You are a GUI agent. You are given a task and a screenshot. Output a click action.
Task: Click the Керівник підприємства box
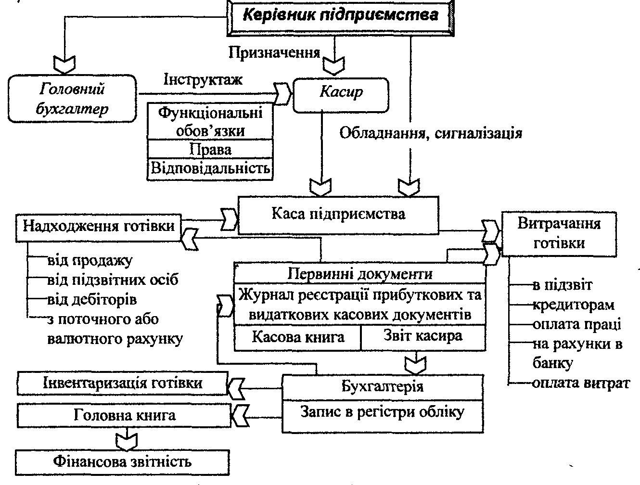[340, 15]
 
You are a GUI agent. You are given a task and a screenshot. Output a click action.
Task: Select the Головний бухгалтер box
[72, 99]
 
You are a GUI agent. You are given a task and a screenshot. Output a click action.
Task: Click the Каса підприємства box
[338, 214]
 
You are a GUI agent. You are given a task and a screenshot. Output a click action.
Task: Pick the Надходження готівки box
[99, 226]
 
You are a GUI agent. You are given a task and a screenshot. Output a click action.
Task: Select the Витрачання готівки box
[559, 233]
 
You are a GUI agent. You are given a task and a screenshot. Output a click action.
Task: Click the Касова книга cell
[298, 336]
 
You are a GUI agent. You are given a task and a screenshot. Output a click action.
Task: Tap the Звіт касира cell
[422, 335]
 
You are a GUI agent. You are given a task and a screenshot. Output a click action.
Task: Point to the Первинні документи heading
[360, 274]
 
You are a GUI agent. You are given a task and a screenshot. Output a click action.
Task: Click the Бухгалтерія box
[382, 386]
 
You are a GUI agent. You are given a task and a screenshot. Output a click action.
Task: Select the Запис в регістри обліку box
[382, 412]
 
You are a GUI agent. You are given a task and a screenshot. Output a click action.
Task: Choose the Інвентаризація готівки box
[122, 383]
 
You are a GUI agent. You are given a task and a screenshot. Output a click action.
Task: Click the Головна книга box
[124, 415]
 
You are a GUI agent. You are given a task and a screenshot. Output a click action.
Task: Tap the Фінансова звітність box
[122, 462]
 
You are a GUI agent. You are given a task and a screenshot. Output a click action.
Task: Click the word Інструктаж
[203, 79]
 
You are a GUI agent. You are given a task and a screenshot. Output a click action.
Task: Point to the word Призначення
[274, 52]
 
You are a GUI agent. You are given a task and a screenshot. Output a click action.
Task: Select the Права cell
[210, 149]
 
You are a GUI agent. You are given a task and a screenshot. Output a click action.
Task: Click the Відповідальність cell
[210, 168]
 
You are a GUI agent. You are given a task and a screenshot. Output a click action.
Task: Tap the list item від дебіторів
[92, 299]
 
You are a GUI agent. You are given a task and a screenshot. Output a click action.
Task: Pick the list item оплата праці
[576, 324]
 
